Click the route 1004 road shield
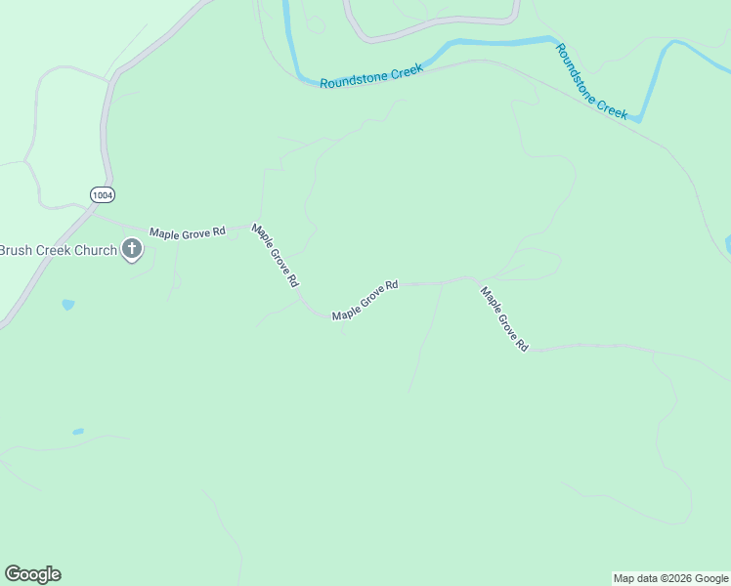click(x=102, y=195)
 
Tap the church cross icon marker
click(x=132, y=251)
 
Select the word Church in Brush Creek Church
click(x=96, y=251)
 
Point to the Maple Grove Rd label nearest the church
click(x=187, y=232)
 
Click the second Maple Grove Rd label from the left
click(x=275, y=255)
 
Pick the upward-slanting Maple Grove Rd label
click(x=365, y=300)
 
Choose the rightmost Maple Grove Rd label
click(x=504, y=318)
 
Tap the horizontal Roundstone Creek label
click(x=371, y=76)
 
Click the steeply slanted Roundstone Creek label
click(x=591, y=81)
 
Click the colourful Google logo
click(x=32, y=574)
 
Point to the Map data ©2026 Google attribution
click(x=670, y=578)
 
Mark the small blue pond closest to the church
click(x=67, y=305)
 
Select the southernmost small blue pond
click(x=77, y=432)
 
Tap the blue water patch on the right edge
click(x=727, y=244)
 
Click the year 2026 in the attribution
click(x=674, y=578)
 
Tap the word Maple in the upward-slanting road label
click(x=345, y=312)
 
